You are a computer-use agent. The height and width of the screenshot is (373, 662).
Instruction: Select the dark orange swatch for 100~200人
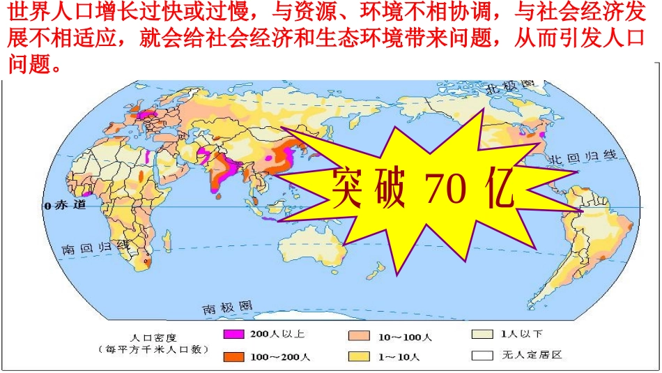point(233,357)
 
